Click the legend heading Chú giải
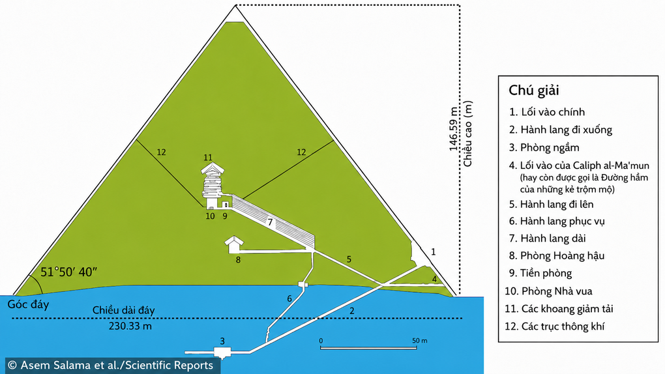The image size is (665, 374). coord(534,91)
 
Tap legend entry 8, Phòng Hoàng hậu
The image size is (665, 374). coord(557,255)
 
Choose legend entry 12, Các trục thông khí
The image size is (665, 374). coord(555,326)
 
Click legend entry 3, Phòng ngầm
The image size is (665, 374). coord(544,147)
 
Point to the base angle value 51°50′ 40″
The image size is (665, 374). coord(68,272)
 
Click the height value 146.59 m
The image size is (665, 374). coord(454,129)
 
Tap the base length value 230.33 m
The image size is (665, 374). coord(130,326)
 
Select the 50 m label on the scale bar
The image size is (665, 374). coord(419,341)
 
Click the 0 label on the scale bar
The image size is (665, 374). coord(321,341)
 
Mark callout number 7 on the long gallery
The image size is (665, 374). coord(270,222)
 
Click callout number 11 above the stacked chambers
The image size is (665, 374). coord(208,158)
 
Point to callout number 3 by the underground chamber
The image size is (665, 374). coord(222,341)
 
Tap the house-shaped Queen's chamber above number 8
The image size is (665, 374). coord(233,245)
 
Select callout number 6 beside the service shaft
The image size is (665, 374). coord(289,298)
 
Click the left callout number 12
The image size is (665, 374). coord(161,152)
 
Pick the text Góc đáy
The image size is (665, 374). coord(29,304)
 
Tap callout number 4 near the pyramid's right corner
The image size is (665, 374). coord(434,279)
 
